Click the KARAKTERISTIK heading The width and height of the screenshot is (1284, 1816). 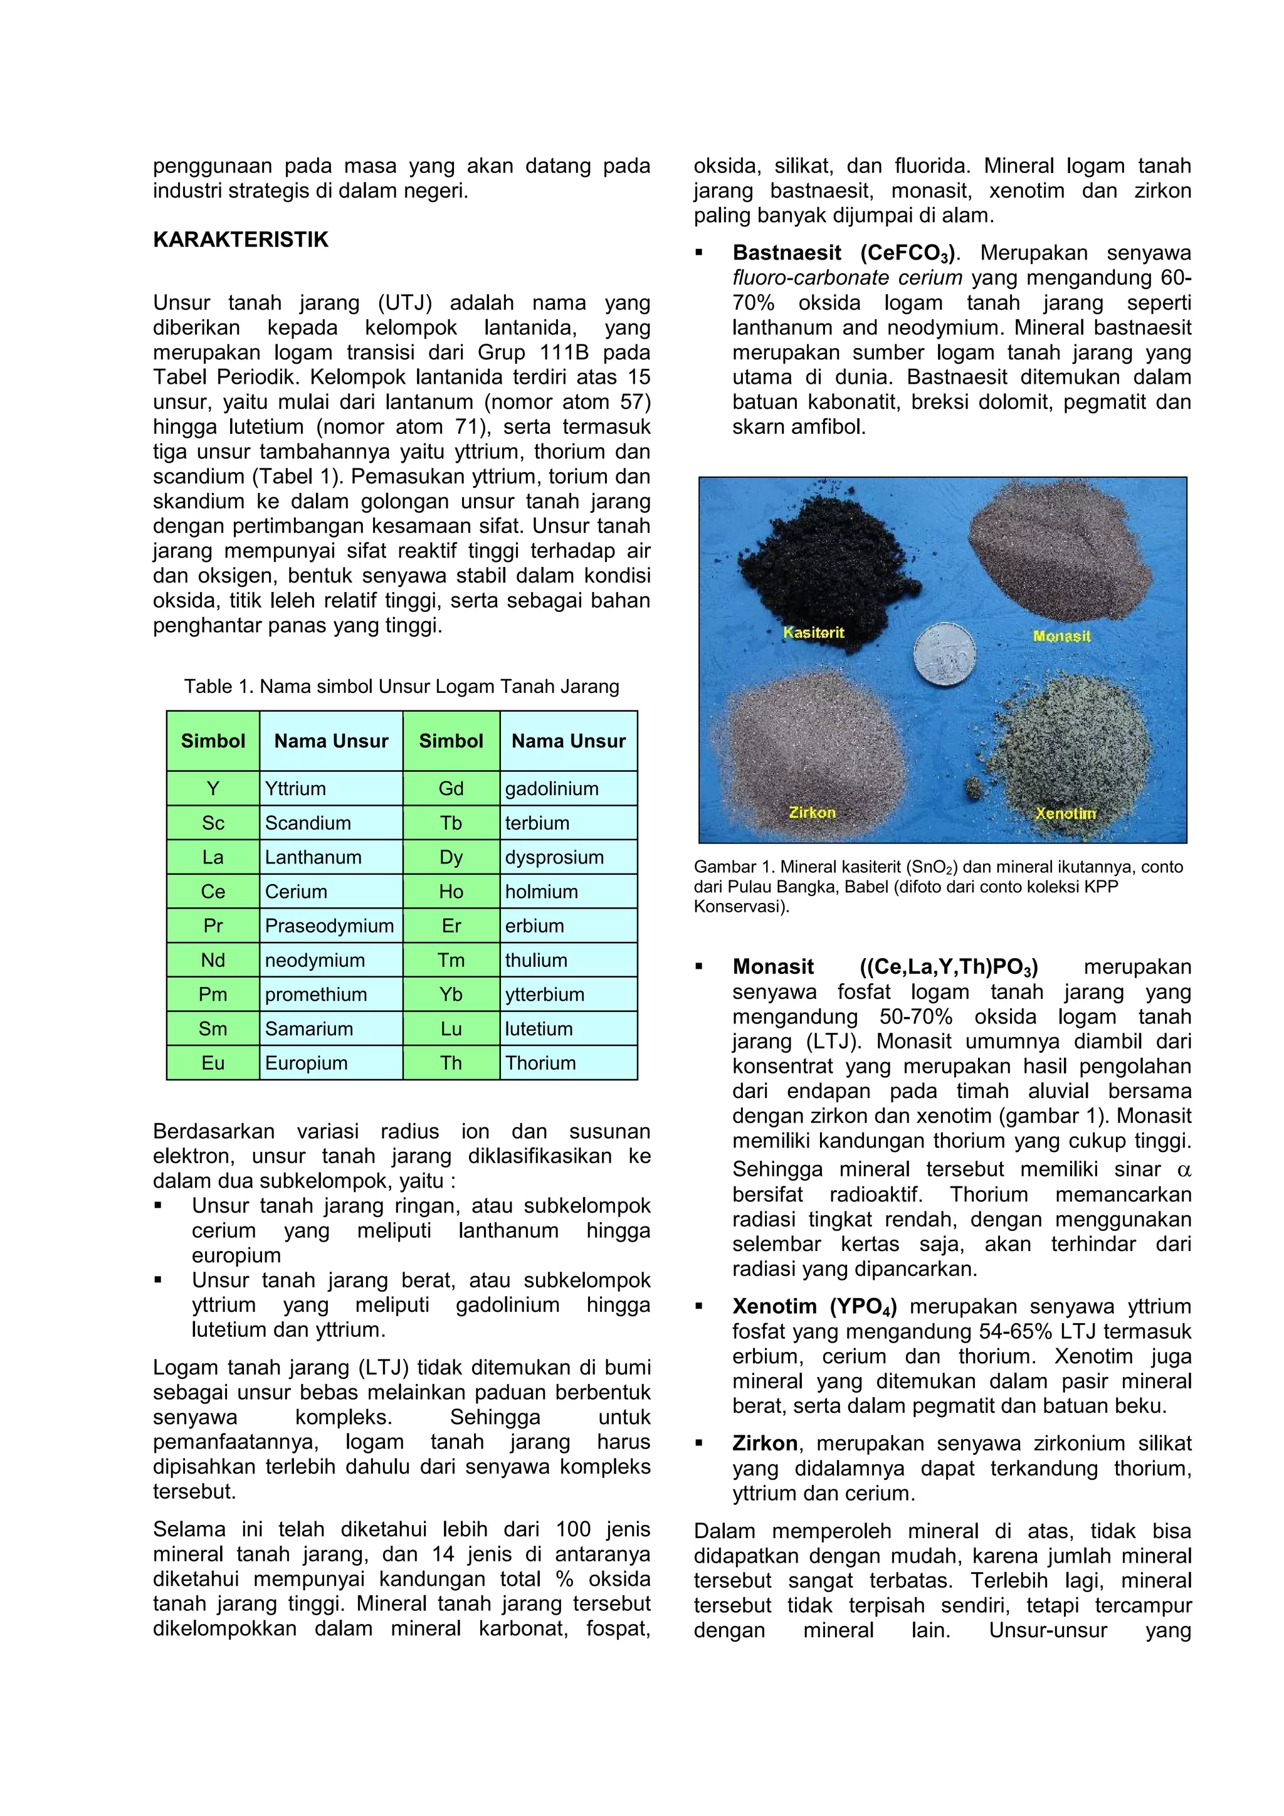[240, 240]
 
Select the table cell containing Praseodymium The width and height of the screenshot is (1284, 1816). [330, 926]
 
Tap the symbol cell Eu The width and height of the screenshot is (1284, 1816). [213, 1063]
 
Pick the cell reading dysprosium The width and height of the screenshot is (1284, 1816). [554, 857]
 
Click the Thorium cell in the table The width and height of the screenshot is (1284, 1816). [541, 1063]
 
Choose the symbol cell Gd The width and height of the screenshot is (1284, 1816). [451, 789]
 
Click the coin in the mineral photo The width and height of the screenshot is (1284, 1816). [944, 653]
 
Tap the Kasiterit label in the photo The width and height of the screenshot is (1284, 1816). [814, 633]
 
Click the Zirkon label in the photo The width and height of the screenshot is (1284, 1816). [812, 812]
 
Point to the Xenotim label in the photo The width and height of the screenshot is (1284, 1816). [1065, 813]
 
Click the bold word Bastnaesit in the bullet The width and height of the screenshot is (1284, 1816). [787, 253]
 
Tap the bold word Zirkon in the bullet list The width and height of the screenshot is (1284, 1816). [764, 1444]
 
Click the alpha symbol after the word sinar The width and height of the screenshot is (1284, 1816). [1184, 1169]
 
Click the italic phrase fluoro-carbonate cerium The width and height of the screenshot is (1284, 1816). [847, 278]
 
